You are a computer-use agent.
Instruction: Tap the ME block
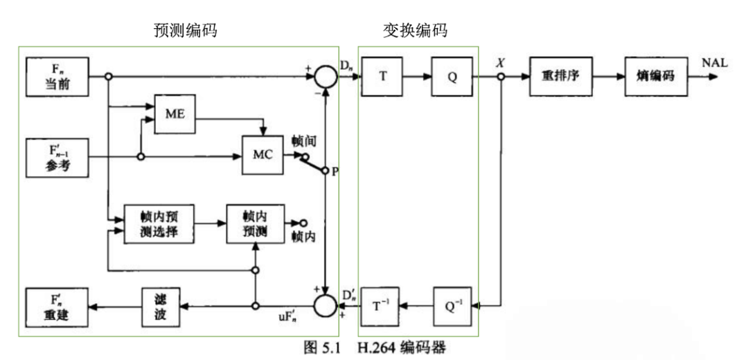(x=175, y=114)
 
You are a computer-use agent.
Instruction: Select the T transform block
(x=382, y=77)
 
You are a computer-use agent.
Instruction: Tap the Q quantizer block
(x=452, y=77)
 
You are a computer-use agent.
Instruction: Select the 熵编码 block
(x=655, y=77)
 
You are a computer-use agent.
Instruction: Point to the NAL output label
(x=714, y=63)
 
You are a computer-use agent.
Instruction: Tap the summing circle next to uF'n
(x=325, y=305)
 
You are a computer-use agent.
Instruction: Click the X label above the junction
(x=500, y=63)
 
